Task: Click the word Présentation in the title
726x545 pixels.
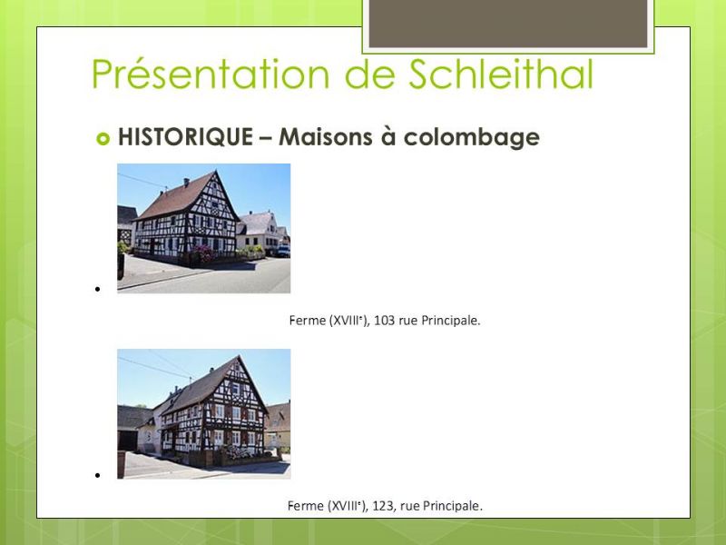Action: point(211,74)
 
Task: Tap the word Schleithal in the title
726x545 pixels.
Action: point(501,74)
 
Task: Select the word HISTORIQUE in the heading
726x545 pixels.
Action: point(186,137)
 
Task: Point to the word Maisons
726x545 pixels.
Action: point(326,137)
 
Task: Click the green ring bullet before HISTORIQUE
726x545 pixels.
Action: point(103,139)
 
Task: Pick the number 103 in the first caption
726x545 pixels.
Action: point(384,321)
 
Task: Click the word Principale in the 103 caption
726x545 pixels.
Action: point(449,321)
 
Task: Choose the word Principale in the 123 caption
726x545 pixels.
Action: point(451,506)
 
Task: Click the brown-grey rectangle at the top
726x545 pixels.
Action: point(508,24)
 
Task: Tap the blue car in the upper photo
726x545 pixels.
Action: point(283,251)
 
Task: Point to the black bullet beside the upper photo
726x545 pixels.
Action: point(97,289)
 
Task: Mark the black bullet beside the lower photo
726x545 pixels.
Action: point(97,475)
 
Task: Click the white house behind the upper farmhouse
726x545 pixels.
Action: point(258,231)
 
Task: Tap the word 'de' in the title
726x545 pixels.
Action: point(369,74)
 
